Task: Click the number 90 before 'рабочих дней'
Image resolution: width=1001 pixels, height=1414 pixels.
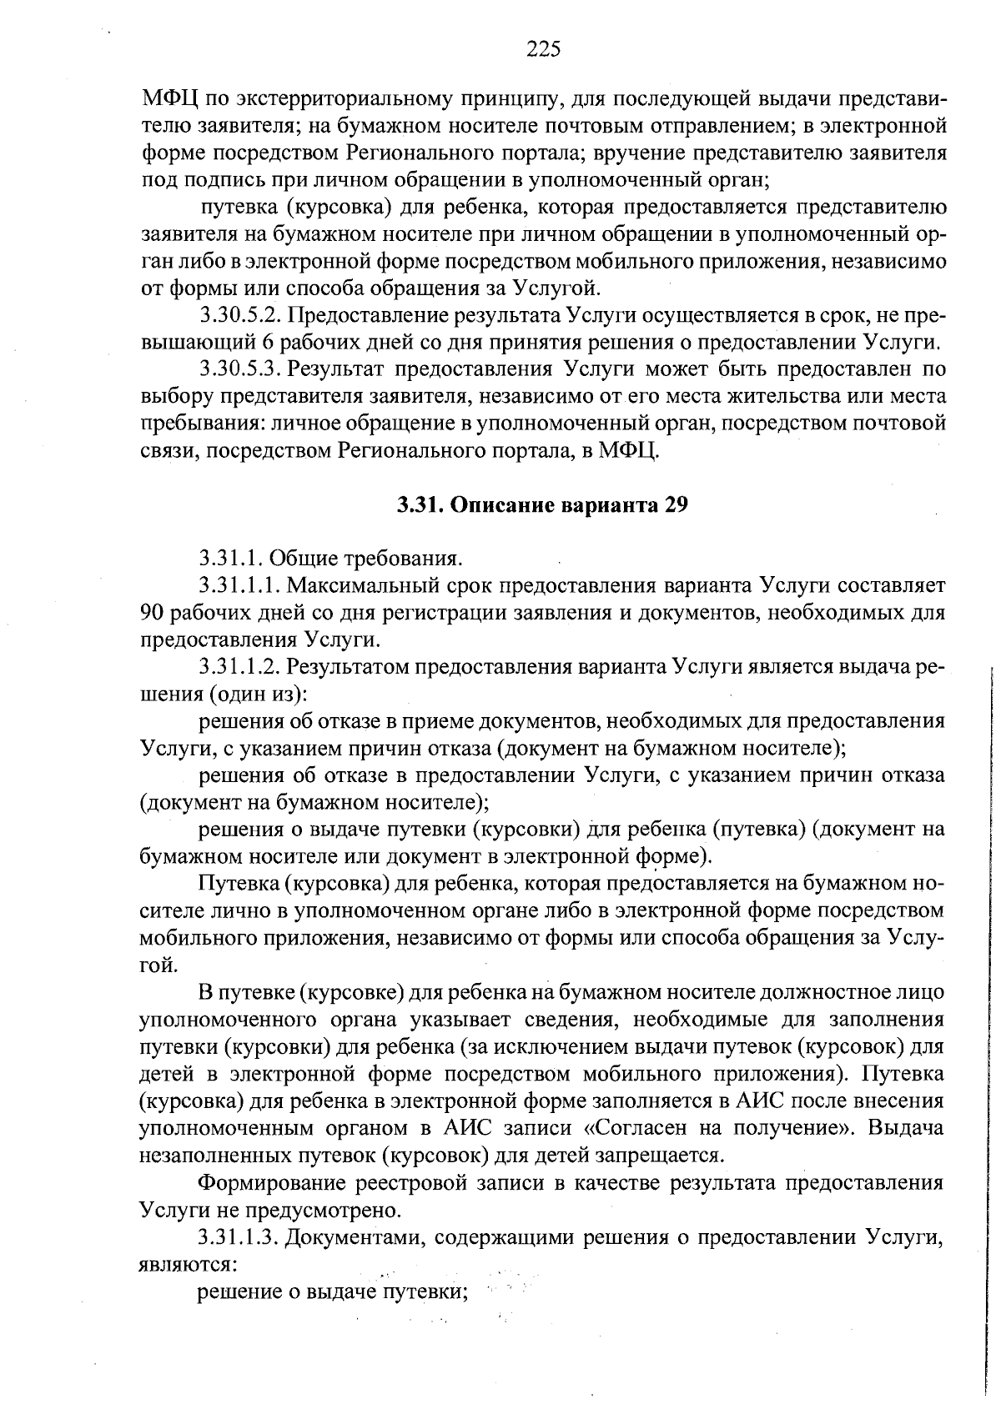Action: pyautogui.click(x=152, y=614)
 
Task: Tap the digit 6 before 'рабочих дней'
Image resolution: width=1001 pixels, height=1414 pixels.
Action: pyautogui.click(x=267, y=343)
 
